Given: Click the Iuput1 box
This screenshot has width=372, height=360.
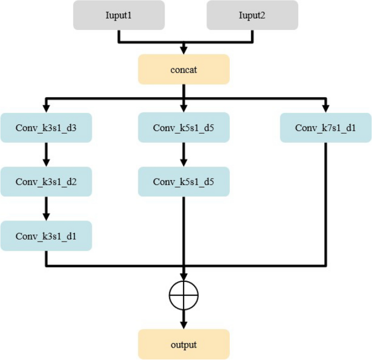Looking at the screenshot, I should pos(118,15).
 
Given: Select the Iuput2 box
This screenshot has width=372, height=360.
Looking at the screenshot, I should pos(252,15).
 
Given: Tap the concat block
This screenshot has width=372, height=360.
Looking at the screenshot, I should pos(184,70).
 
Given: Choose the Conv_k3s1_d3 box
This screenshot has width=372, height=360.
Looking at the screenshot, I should pos(46,128).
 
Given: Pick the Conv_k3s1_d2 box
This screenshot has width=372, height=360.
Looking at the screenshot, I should pos(46,181).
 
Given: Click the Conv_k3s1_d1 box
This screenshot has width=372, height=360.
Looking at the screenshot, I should pos(46,236).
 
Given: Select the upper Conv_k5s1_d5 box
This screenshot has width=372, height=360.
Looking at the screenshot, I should pos(184,128).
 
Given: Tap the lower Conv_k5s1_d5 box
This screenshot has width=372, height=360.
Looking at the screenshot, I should pos(184,181).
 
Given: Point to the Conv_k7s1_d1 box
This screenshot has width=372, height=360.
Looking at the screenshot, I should pos(326,128).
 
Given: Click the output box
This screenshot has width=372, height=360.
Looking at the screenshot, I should pos(184,344).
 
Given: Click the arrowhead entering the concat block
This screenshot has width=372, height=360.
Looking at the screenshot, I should pos(184,51).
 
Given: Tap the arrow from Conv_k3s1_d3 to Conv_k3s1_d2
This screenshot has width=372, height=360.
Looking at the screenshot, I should pos(46,155).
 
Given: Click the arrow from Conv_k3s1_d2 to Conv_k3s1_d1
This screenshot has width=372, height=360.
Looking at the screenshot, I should pos(46,209).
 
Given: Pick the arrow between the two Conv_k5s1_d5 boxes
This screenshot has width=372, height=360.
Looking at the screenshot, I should pos(184,155).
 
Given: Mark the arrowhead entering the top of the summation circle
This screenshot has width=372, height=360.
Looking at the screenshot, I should pos(184,277).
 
